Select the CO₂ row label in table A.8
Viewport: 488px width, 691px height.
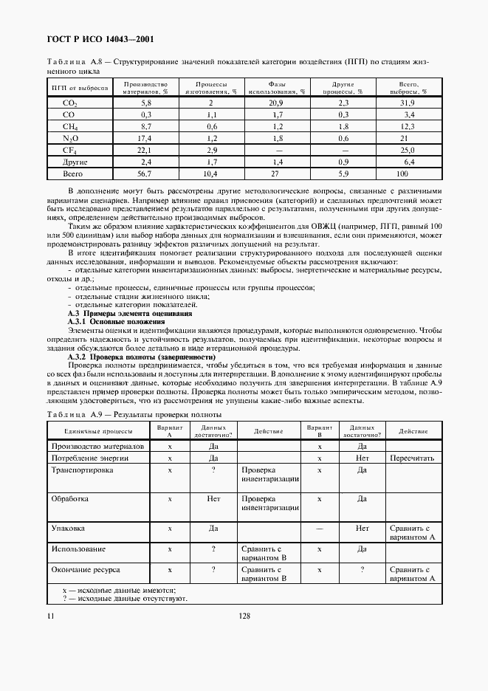coord(69,103)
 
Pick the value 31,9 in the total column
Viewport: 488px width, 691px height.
coord(408,103)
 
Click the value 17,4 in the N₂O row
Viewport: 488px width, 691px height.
coord(145,138)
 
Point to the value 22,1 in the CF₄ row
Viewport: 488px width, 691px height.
coord(145,150)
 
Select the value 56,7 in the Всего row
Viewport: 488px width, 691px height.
coord(145,173)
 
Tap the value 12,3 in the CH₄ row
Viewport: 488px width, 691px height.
coord(408,126)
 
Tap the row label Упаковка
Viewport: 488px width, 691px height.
coord(67,529)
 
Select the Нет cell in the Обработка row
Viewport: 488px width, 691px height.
coord(213,499)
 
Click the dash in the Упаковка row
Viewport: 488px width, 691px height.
coord(320,529)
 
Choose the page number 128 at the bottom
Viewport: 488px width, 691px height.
coord(243,615)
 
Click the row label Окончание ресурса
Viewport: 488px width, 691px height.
coord(86,570)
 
